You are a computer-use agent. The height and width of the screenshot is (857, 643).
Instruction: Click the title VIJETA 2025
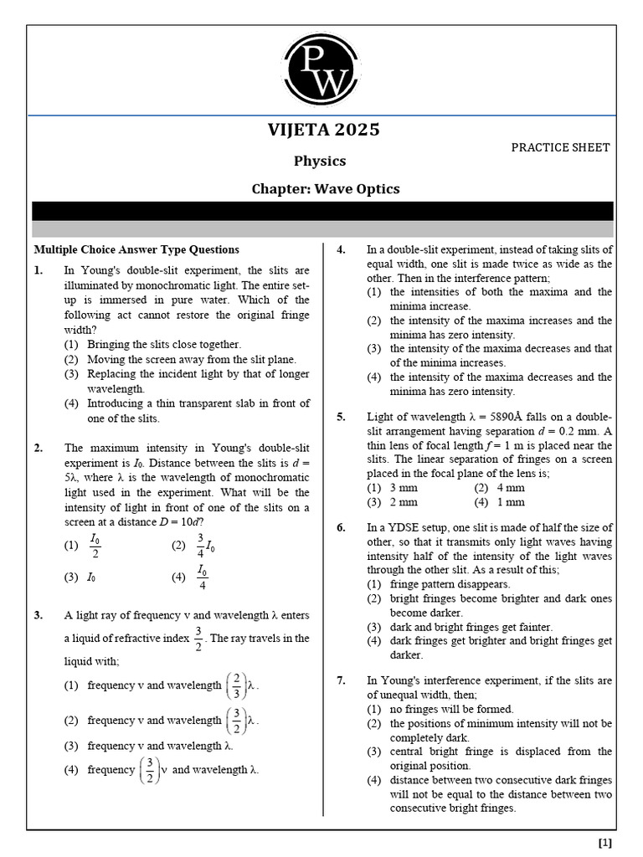coord(323,130)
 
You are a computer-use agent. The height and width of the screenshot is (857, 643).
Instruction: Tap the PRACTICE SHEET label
coord(560,147)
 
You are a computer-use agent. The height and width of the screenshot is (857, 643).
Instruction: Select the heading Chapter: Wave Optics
coord(326,188)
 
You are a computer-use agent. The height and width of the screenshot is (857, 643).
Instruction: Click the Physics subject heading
coord(319,161)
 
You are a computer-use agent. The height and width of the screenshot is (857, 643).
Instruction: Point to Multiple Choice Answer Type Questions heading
coord(136,249)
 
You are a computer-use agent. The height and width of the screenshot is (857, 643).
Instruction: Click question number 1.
coord(39,270)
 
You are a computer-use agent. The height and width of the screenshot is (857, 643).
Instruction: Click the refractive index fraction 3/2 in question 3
coord(198,638)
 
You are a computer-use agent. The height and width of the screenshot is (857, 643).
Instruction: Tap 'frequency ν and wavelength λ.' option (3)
coord(160,745)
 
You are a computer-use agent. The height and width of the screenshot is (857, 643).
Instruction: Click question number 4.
coord(342,249)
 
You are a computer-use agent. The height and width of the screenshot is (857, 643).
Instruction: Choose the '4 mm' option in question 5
coord(510,488)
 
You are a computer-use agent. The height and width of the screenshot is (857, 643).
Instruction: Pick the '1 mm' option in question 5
coord(510,502)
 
